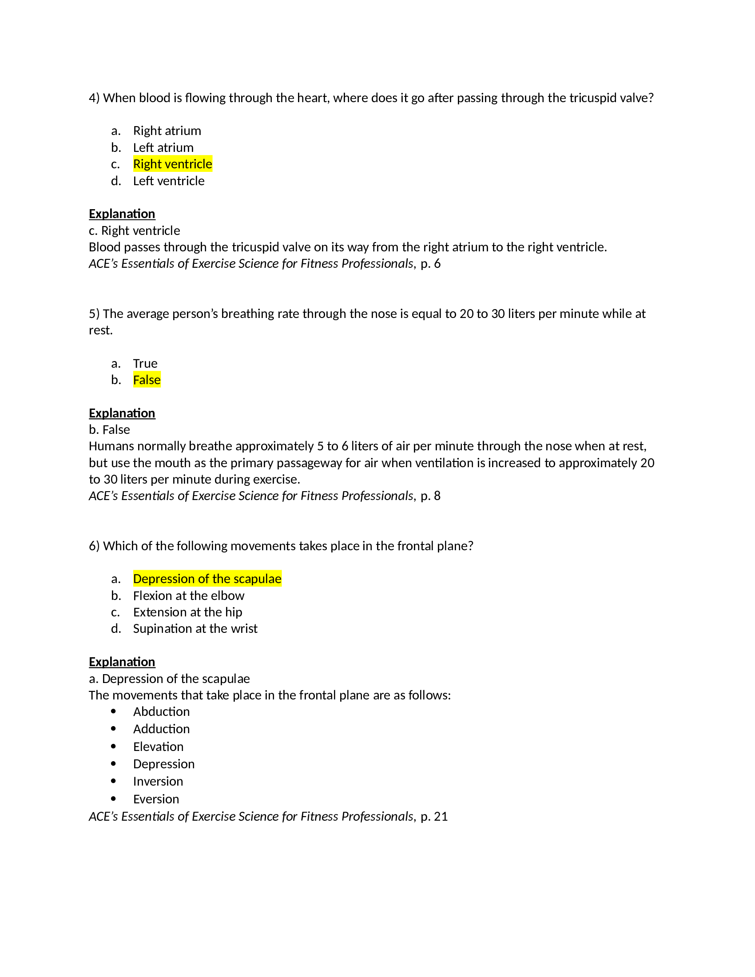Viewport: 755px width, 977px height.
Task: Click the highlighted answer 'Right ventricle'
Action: point(172,164)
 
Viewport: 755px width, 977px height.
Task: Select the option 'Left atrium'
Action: point(163,147)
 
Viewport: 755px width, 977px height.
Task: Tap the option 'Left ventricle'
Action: point(169,181)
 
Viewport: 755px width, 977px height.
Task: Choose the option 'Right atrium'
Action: point(167,131)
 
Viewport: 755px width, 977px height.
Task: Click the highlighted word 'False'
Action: point(147,380)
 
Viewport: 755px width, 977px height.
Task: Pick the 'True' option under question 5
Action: point(145,364)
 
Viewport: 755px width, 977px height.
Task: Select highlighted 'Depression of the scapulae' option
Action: point(207,579)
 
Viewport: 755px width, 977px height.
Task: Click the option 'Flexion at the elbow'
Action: point(188,596)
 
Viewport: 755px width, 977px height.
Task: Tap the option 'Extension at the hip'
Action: point(187,612)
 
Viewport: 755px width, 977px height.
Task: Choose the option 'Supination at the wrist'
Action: point(195,629)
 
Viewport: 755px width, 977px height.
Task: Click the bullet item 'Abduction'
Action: point(161,712)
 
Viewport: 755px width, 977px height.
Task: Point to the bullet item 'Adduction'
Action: point(161,729)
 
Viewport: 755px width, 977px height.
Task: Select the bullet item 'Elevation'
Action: point(158,747)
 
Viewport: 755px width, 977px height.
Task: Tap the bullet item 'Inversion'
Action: point(158,782)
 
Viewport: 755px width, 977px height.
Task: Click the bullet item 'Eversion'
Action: point(155,799)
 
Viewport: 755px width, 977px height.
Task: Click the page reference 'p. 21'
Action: point(434,817)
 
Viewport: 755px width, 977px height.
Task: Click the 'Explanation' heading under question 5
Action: point(122,413)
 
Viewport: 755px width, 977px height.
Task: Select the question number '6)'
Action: point(94,546)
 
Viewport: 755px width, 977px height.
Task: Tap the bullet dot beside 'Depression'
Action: point(113,764)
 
